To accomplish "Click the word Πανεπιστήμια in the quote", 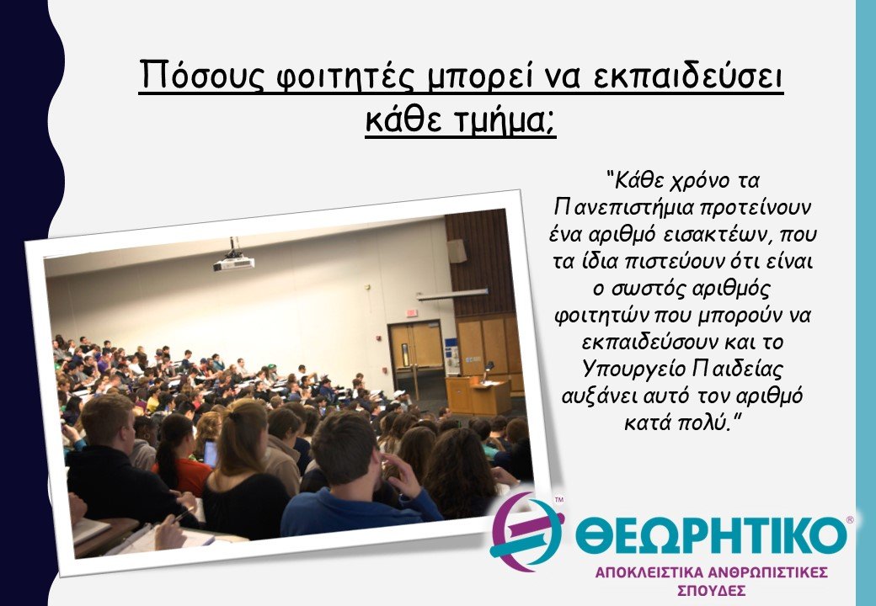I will coord(620,205).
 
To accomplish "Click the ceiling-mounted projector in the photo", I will coord(233,262).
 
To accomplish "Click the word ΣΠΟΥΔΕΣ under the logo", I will coord(711,591).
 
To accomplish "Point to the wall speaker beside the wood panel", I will coord(457,250).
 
